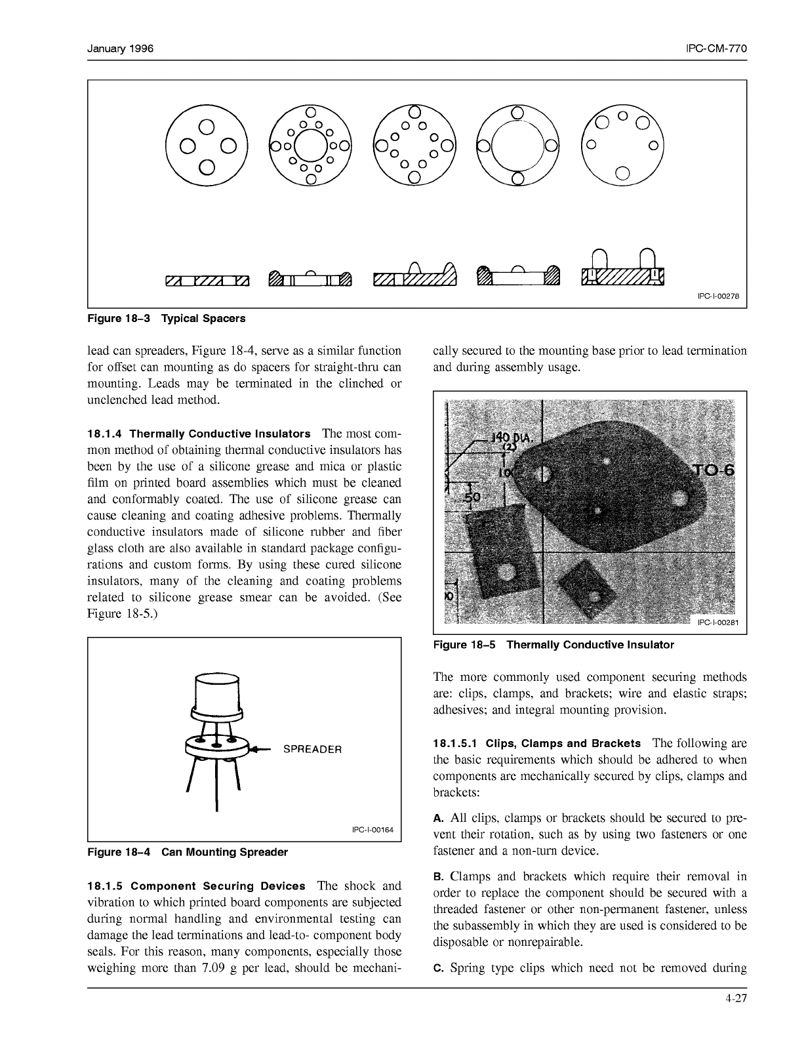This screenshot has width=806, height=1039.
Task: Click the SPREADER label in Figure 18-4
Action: [312, 749]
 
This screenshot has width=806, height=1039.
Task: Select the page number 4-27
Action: [736, 1000]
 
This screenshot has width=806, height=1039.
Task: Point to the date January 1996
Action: [121, 49]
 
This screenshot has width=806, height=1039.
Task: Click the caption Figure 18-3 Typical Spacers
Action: [167, 319]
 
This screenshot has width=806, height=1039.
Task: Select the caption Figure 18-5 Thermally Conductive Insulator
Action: [553, 645]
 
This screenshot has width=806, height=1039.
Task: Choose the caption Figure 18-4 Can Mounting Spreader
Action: [188, 852]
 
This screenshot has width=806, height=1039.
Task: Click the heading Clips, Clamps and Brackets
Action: [563, 744]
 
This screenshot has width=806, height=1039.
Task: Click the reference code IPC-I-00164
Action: [373, 830]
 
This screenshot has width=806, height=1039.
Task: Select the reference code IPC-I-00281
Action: [717, 622]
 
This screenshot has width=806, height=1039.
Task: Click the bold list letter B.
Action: [439, 877]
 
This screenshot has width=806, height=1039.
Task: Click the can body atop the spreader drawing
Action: [217, 693]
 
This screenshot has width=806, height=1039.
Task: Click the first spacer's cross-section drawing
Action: [207, 281]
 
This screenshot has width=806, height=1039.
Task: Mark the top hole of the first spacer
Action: [207, 125]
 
